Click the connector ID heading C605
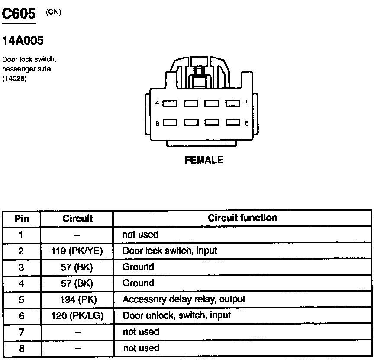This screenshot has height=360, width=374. pos(19,14)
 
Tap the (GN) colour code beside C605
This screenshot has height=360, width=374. pos(54,12)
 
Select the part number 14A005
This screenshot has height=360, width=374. pos(23,41)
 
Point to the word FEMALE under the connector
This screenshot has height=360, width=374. pos(203,160)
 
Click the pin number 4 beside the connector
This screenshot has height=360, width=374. pos(158,103)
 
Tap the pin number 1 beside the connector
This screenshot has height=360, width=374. pos(246,103)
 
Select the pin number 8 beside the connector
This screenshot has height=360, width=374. pos(158,123)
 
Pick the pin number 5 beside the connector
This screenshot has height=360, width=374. pos(246,123)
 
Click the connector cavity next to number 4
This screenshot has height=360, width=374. pos(170,103)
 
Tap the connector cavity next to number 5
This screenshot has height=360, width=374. pos(232,123)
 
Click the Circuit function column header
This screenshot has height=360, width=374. pos(242,218)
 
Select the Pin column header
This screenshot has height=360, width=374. pos(22,219)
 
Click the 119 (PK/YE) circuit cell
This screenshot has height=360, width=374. pos(77,251)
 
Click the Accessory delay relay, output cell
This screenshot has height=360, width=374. pos(184,299)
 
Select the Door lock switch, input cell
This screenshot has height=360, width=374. pos(170,251)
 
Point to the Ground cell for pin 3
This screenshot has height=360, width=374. pos(138,267)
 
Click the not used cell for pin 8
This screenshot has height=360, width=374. pos(141,348)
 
